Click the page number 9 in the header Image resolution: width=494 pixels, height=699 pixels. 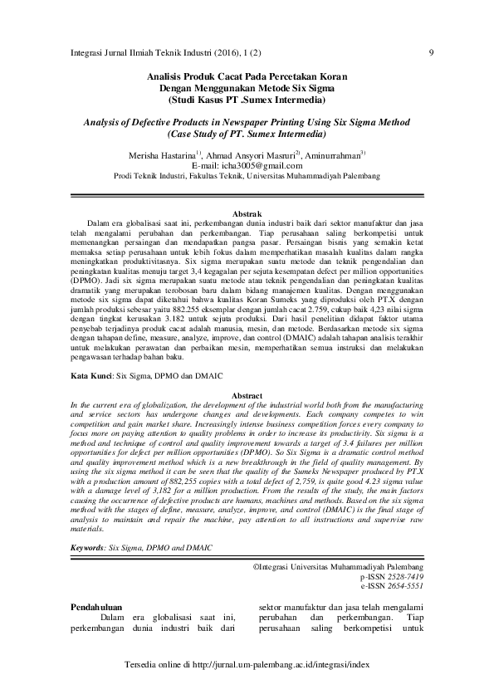pos(433,54)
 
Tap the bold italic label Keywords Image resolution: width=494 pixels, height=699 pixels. pos(87,549)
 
